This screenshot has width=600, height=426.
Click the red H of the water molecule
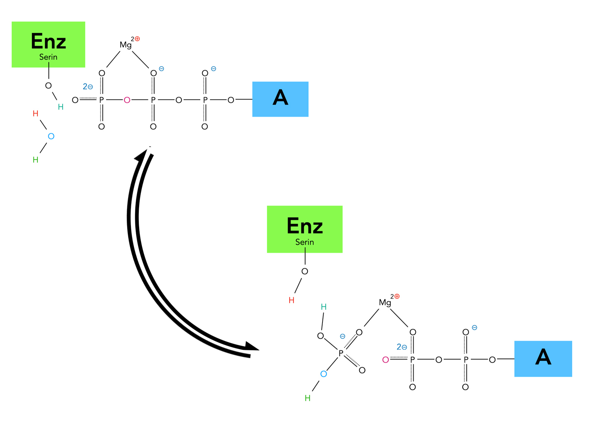point(36,114)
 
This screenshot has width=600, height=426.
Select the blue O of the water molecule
point(51,136)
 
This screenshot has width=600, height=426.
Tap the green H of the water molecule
point(36,160)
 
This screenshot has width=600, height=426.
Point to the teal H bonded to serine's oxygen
point(61,107)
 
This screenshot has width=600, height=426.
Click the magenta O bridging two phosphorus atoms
point(127,100)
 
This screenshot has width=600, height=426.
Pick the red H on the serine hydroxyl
point(291,300)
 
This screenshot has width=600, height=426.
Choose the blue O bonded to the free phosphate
point(324,374)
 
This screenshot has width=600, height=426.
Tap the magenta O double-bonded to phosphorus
point(385,360)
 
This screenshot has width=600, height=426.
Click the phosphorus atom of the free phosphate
point(341,353)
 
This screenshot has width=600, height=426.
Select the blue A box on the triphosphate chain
point(280,99)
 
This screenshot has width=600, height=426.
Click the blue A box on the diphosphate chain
point(543,358)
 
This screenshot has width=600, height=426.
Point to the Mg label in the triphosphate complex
point(126,45)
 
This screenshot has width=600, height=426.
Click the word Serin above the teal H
point(48,57)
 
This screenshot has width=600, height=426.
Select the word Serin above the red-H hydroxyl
point(304,242)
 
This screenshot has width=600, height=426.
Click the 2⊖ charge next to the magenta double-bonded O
point(402,347)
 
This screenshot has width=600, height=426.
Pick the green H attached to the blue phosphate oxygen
point(307,398)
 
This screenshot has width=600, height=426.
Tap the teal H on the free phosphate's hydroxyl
point(324,307)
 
